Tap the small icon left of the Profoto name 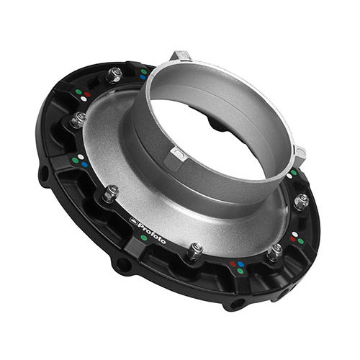[133, 221]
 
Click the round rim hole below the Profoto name [124, 265]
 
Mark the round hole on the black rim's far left [45, 173]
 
